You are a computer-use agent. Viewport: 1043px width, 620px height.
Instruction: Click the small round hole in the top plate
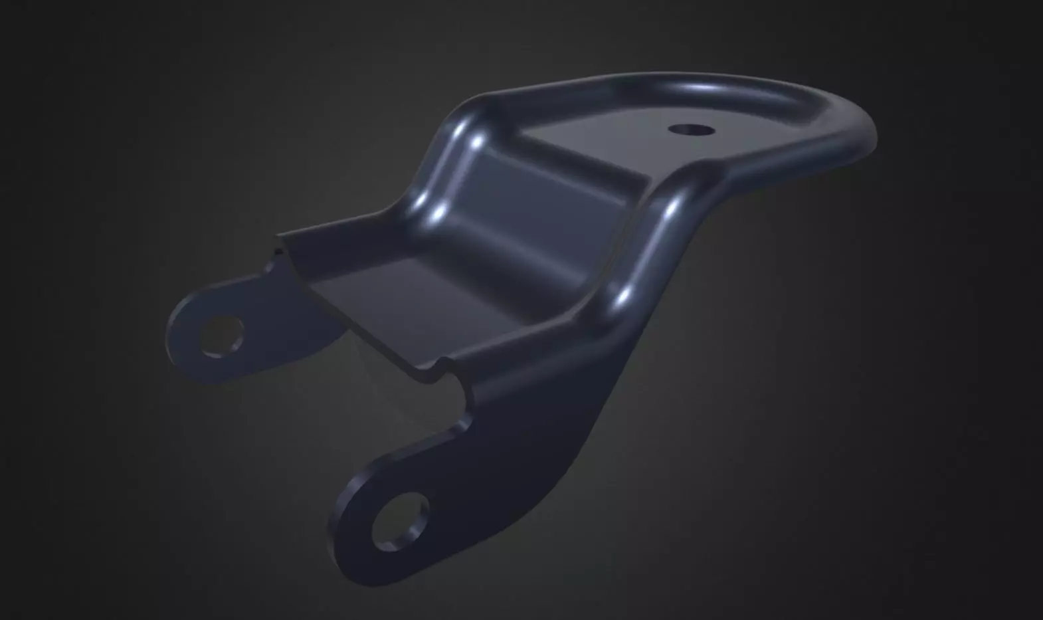692,129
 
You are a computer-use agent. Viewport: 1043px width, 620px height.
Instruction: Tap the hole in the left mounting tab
223,335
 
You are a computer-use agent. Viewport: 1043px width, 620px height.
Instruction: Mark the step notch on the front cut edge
440,367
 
